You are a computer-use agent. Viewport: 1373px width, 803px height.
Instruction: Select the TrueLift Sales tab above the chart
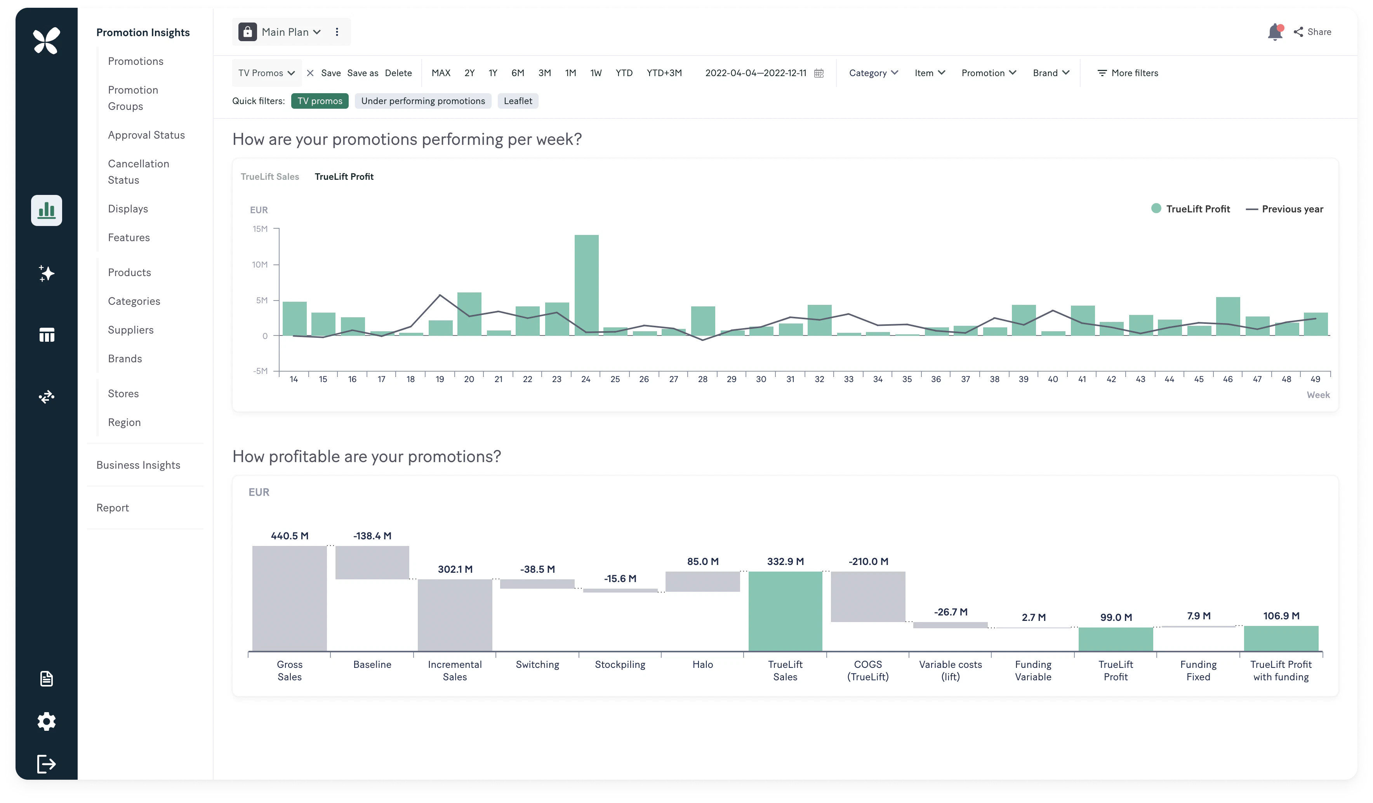coord(270,177)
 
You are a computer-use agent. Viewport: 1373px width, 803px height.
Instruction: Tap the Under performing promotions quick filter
coord(423,101)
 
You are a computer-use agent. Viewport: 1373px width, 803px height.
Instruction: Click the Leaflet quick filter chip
coord(518,101)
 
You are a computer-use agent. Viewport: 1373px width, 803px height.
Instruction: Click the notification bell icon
coord(1274,32)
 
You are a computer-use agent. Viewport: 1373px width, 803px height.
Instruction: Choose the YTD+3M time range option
coord(664,73)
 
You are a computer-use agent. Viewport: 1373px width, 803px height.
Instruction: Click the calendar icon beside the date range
coord(819,73)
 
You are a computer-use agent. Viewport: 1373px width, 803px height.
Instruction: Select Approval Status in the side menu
coord(146,135)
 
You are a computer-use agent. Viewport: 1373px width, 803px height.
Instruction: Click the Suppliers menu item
coord(131,330)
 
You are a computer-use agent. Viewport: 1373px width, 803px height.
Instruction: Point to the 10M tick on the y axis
coord(261,265)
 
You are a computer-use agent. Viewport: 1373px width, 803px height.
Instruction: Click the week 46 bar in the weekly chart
coord(1227,316)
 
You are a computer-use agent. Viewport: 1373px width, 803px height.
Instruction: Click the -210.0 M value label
coord(868,561)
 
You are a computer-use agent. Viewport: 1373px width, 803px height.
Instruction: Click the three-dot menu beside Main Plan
coord(337,32)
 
